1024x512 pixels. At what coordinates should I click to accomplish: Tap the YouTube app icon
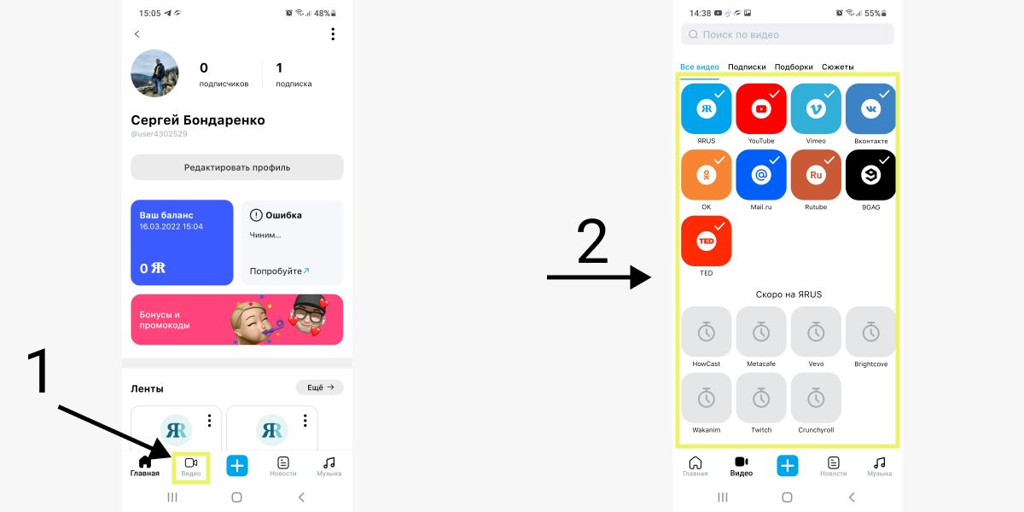click(x=761, y=108)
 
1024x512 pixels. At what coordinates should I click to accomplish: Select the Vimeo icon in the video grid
click(x=816, y=108)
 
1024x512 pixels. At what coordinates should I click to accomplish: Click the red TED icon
click(x=707, y=241)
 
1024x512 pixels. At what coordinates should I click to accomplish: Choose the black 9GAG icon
click(x=871, y=175)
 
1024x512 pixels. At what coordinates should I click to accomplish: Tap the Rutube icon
click(x=816, y=175)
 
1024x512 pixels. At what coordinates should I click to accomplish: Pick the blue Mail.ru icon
click(x=761, y=175)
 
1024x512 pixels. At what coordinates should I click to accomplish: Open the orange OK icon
click(x=707, y=175)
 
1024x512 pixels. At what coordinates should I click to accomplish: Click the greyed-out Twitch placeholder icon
click(x=761, y=398)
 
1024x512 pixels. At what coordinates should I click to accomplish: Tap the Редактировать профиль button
click(x=237, y=167)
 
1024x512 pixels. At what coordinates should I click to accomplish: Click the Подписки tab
click(x=747, y=67)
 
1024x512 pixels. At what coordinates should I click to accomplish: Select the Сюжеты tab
click(x=837, y=67)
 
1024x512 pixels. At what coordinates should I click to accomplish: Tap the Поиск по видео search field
click(x=787, y=34)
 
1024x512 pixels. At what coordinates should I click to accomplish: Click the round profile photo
click(x=154, y=73)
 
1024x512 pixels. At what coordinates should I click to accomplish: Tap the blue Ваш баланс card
click(x=182, y=242)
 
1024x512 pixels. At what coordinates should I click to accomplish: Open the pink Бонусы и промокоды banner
click(x=237, y=319)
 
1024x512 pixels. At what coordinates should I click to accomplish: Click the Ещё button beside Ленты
click(x=319, y=387)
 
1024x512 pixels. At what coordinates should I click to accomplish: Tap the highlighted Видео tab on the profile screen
click(x=191, y=468)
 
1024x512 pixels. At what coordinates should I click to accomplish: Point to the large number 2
click(x=592, y=241)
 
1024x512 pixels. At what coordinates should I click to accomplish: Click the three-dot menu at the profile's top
click(x=333, y=34)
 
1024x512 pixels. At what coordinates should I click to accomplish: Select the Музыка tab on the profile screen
click(x=329, y=468)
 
